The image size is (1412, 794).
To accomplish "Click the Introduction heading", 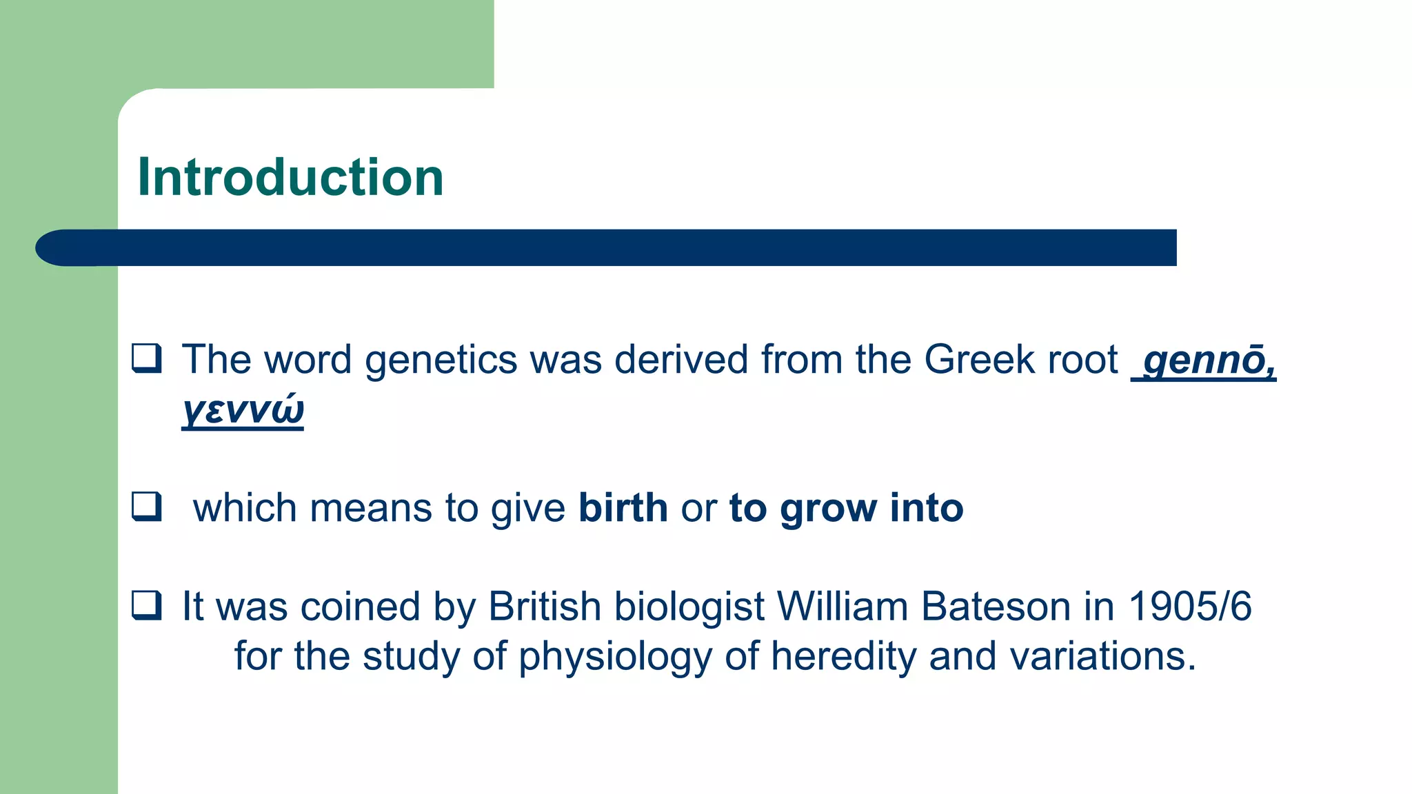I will click(x=290, y=177).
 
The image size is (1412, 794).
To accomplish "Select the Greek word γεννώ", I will click(x=243, y=409).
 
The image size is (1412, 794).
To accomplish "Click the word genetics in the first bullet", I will click(x=441, y=360).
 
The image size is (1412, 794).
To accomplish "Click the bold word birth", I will click(x=623, y=508).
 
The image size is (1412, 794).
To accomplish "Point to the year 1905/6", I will click(x=1189, y=607).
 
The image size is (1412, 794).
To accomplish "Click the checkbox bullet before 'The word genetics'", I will click(x=147, y=358).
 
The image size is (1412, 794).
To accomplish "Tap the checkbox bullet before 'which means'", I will click(x=147, y=507).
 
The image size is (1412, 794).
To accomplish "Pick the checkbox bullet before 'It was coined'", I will click(x=147, y=606).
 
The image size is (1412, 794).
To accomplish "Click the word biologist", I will click(x=689, y=608).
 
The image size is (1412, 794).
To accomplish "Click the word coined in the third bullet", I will click(x=360, y=607).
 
